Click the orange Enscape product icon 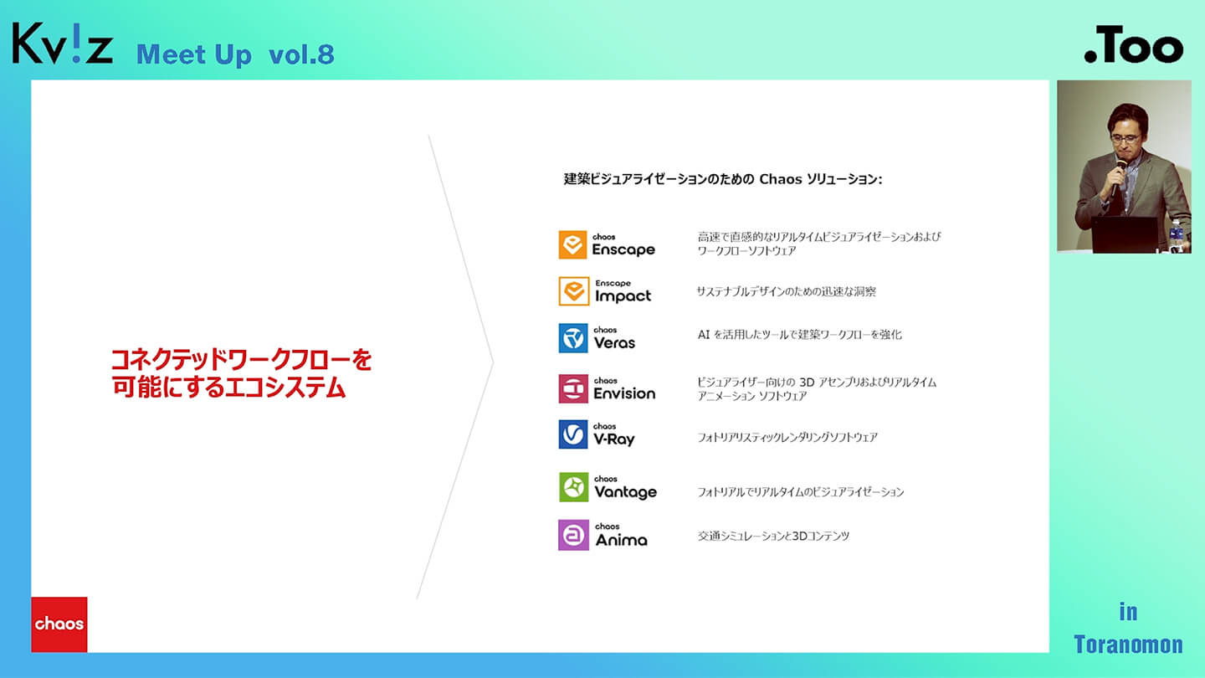tap(572, 244)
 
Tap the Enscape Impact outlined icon tap(574, 291)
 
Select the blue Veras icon tap(573, 338)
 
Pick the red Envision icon tap(573, 388)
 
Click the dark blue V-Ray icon tap(573, 434)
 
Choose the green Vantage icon tap(573, 487)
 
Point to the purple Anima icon tap(573, 535)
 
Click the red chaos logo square tap(59, 624)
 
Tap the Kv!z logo tap(63, 44)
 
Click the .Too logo tap(1133, 44)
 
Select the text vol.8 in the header tap(301, 55)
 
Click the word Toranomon tap(1128, 645)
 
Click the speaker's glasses tap(1126, 139)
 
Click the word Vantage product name tap(626, 492)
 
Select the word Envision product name tap(624, 393)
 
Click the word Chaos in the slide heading tap(780, 179)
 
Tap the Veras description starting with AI tap(799, 335)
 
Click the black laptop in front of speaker tap(1125, 234)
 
